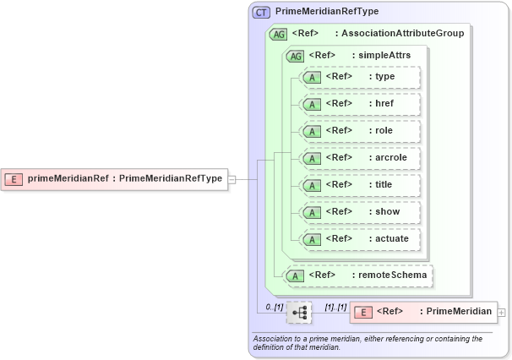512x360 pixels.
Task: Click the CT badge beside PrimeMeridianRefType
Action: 262,12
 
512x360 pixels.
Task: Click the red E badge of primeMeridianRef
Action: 14,178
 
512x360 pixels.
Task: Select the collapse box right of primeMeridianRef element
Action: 231,179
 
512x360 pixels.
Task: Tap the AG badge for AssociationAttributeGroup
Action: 278,34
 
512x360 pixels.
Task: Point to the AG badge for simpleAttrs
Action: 295,56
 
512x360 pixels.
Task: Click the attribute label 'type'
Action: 385,77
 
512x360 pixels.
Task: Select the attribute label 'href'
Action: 384,104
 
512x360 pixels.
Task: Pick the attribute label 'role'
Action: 384,131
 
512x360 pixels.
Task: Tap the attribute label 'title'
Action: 384,185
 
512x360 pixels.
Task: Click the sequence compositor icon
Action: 298,313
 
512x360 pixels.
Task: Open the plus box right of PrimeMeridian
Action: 502,312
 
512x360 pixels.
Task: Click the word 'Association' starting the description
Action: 275,338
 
